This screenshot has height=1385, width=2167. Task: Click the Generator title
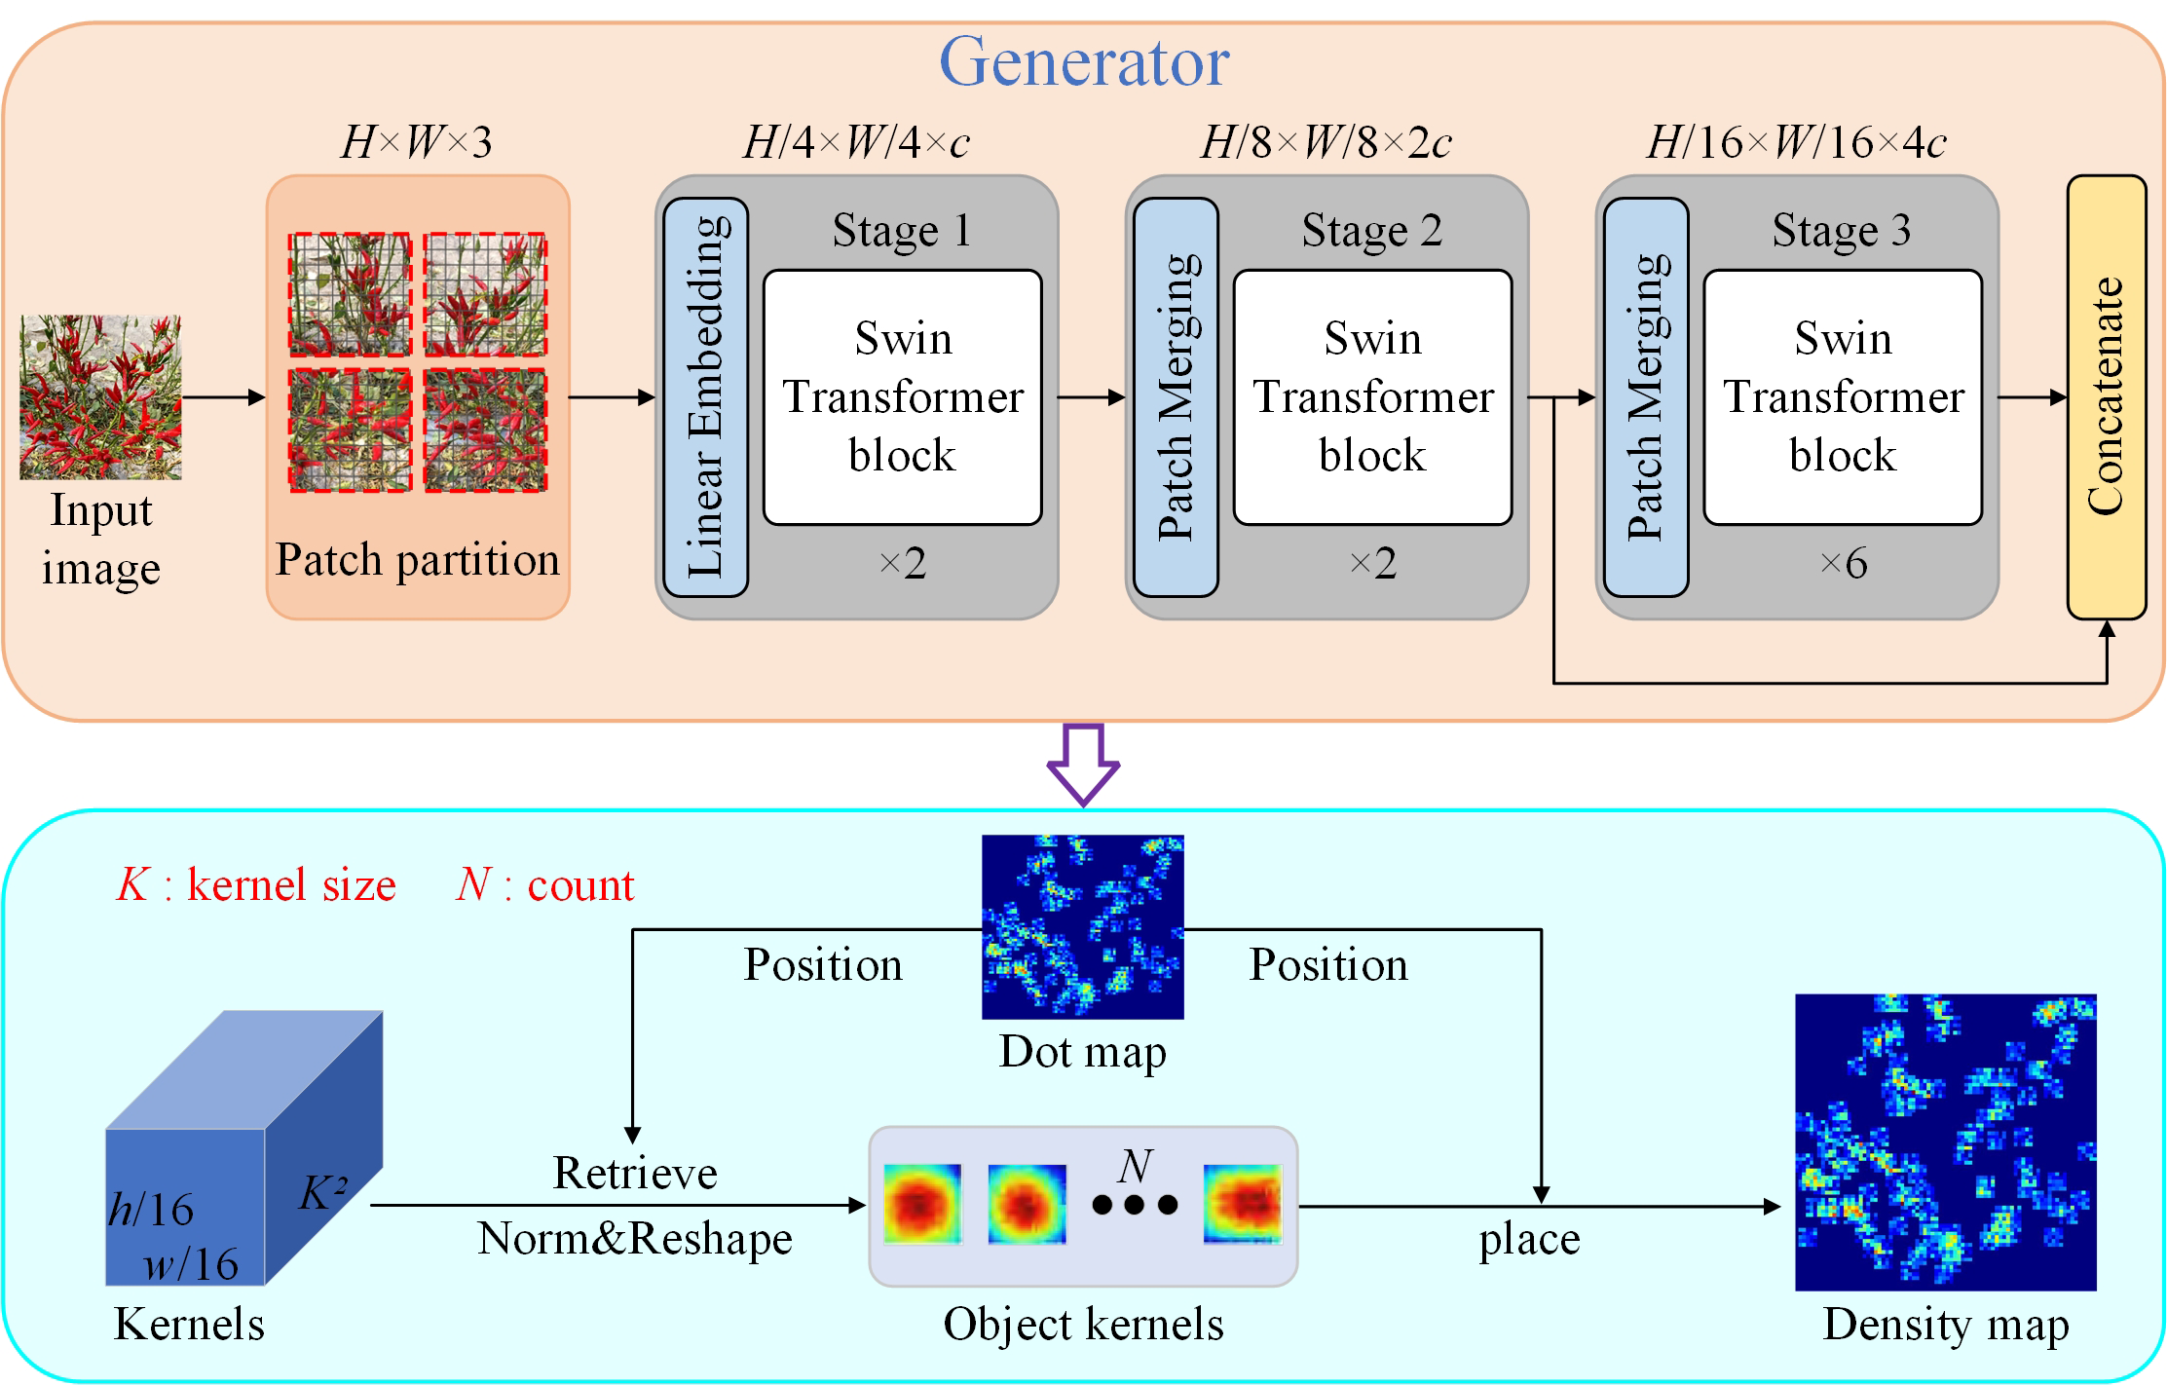[x=1083, y=62]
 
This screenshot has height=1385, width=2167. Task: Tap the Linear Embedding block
[x=705, y=396]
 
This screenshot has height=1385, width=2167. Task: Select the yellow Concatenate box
[x=2106, y=396]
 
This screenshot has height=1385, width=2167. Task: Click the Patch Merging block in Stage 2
[x=1176, y=396]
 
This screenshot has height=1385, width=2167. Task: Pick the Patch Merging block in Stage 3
[x=1645, y=396]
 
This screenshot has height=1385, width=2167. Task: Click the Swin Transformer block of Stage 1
[x=902, y=396]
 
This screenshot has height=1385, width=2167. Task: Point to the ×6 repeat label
[x=1843, y=563]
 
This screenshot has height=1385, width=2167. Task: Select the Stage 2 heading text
[x=1371, y=231]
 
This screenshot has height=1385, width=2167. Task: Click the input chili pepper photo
[x=100, y=396]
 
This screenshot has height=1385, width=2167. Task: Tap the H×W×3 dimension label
[x=417, y=142]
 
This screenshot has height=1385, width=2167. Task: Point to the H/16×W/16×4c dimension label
[x=1796, y=142]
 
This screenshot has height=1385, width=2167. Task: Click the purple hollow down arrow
[x=1083, y=764]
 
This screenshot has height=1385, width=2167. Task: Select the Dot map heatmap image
[x=1082, y=926]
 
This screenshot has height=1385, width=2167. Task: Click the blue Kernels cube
[x=243, y=1149]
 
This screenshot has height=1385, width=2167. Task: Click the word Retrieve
[x=635, y=1173]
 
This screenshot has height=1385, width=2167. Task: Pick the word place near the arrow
[x=1529, y=1240]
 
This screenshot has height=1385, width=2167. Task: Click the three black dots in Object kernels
[x=1135, y=1205]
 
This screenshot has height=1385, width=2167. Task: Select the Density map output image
[x=1945, y=1142]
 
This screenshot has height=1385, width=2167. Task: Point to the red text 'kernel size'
[x=291, y=885]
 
